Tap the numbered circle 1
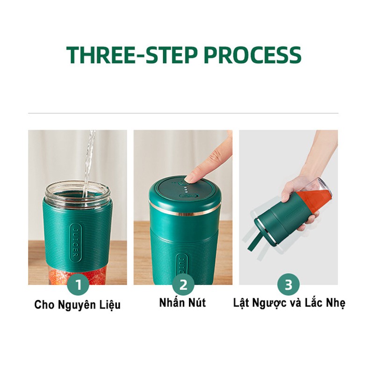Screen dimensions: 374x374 tap(78, 284)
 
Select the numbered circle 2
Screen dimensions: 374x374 tap(183, 284)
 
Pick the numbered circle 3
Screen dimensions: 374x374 tap(288, 284)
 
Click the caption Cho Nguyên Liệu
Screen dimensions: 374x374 tap(77, 305)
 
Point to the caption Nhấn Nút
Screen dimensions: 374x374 tap(182, 302)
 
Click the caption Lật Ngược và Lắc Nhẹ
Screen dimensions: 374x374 tap(289, 303)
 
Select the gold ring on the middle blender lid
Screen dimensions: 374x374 tap(185, 211)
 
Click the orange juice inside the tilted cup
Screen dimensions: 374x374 tap(318, 200)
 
